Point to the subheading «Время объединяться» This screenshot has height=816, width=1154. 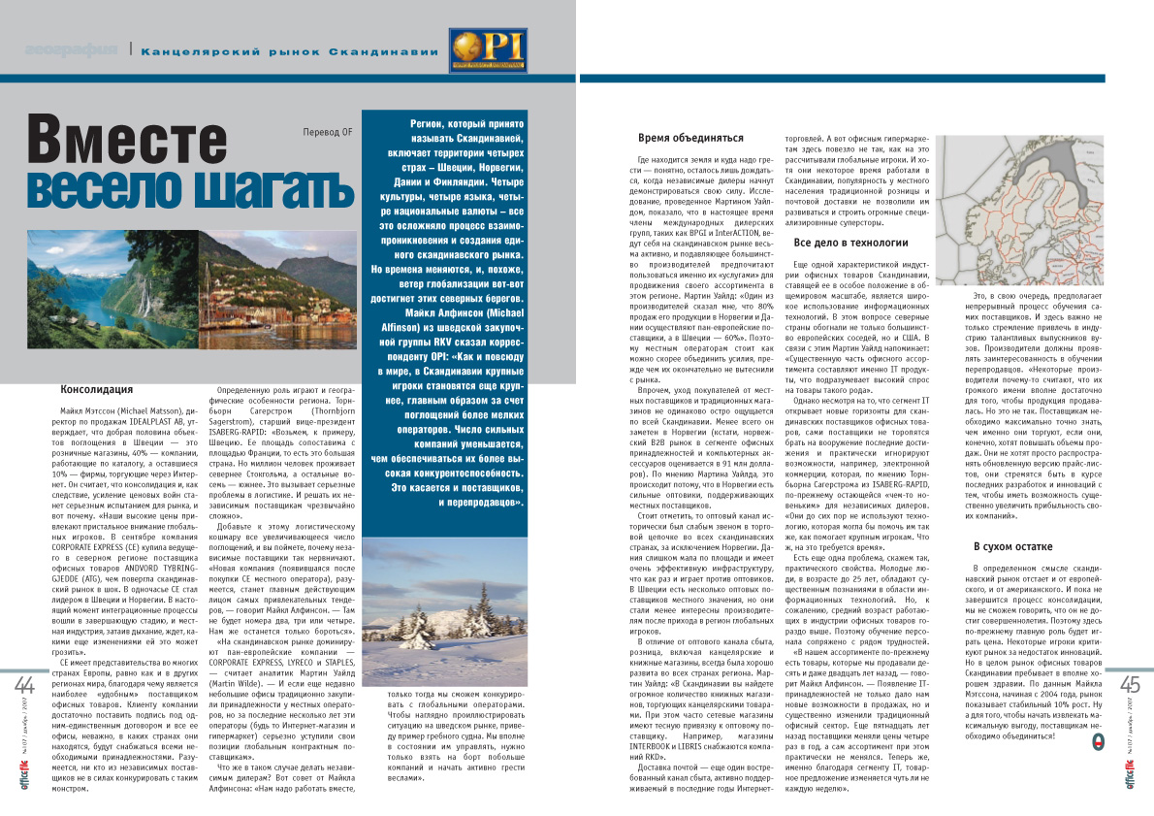click(689, 138)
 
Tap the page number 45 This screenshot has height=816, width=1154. click(1130, 687)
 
